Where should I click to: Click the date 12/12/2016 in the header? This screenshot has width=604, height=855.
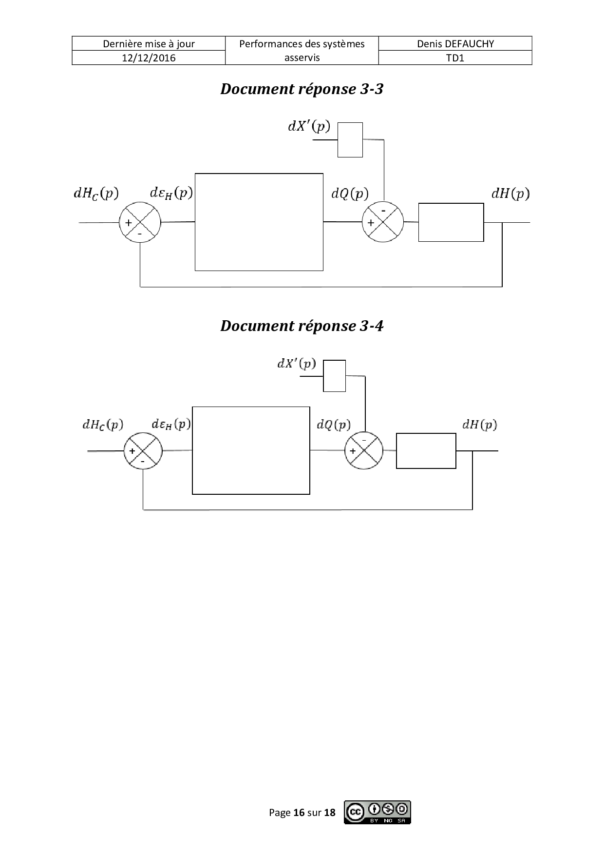[149, 58]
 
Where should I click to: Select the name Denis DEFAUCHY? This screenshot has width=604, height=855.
[455, 44]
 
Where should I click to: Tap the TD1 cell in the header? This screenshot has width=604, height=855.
[455, 58]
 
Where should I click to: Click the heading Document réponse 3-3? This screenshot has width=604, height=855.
[302, 89]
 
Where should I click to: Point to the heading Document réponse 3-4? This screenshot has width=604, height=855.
[302, 326]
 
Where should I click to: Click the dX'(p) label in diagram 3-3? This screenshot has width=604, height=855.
[309, 127]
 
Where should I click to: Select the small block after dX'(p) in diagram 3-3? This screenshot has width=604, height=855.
[350, 140]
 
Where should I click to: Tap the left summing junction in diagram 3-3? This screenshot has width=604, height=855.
[140, 222]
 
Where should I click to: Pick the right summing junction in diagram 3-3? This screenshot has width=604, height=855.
[383, 222]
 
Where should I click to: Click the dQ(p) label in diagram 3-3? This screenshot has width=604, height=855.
[350, 194]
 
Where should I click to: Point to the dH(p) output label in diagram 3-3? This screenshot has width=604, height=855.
[510, 194]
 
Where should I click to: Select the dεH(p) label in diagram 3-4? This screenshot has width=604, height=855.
[171, 424]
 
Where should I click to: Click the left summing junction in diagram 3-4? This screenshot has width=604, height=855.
[143, 451]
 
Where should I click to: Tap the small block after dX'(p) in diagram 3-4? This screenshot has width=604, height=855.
[335, 376]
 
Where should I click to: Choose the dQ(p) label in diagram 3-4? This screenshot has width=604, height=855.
[334, 425]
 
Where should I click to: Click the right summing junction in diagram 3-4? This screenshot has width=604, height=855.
[364, 450]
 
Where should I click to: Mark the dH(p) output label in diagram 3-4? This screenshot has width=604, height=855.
[479, 425]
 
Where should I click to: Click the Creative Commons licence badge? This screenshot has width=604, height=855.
[377, 812]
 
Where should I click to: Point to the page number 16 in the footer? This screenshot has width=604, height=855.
[299, 813]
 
